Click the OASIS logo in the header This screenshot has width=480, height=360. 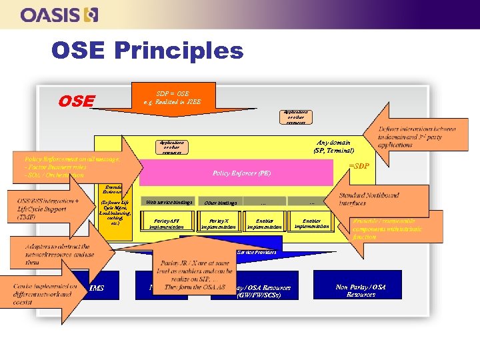point(59,15)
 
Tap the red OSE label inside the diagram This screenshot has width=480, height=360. point(76,101)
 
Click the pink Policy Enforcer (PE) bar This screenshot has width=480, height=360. point(241,173)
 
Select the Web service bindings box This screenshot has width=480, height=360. point(169,202)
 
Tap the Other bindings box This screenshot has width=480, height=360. point(220,202)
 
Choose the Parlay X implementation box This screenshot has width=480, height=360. point(220,223)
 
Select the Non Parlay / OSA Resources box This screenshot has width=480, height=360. point(361,290)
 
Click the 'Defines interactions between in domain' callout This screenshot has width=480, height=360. point(417,136)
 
